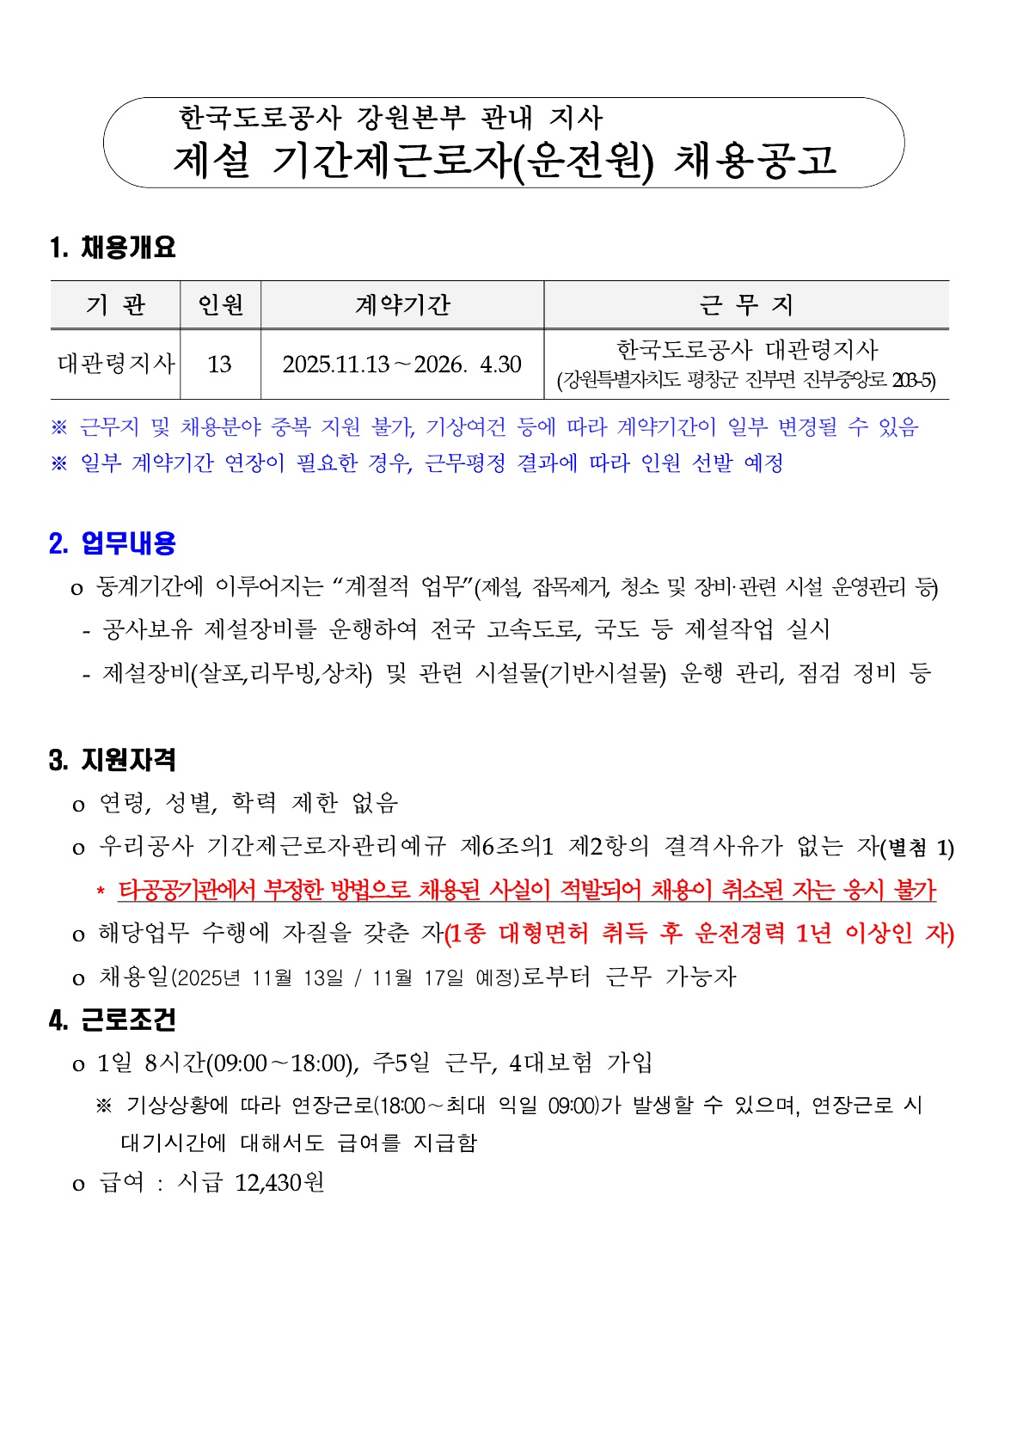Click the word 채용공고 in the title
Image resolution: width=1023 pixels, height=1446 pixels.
[x=755, y=160]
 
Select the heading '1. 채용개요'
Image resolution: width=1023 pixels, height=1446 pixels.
[x=113, y=248]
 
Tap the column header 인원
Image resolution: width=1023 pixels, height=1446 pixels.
[x=220, y=305]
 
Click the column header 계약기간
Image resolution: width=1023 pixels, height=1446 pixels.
[x=402, y=305]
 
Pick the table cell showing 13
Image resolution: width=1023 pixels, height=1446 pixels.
[x=219, y=365]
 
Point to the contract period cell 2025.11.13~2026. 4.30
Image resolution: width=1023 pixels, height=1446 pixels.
[x=401, y=365]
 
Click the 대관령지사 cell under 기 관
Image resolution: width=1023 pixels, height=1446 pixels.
[x=116, y=364]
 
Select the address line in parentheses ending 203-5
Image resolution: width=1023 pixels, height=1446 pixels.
[x=746, y=380]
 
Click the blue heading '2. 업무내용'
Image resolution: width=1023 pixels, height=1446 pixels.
[x=113, y=543]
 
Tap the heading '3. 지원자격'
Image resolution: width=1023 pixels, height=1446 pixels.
[x=113, y=760]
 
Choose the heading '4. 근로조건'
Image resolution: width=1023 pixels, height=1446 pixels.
[x=113, y=1020]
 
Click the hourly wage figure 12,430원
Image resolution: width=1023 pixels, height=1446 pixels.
[x=279, y=1183]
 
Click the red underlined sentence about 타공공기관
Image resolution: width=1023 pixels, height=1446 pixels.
[x=527, y=890]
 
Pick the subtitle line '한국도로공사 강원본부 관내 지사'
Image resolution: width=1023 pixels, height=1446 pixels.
[x=391, y=117]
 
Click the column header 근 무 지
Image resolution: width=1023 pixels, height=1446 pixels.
[x=745, y=305]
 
